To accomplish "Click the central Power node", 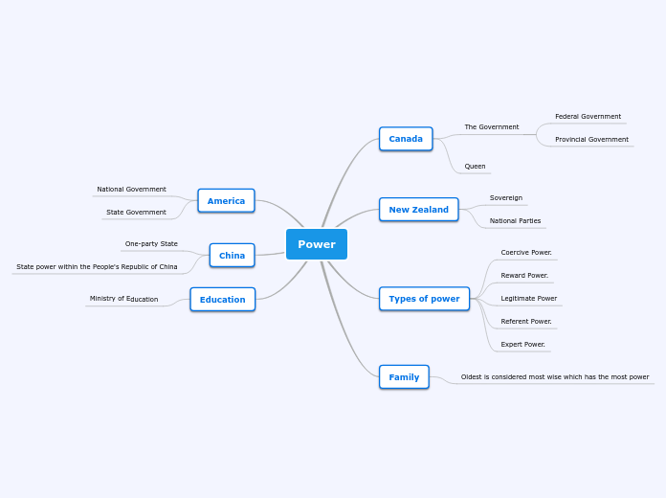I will [316, 244].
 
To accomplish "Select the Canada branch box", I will [406, 139].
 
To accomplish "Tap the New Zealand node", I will [418, 210].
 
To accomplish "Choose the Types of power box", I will [424, 299].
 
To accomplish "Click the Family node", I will [404, 377].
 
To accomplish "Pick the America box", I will [226, 201].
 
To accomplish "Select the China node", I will [232, 256].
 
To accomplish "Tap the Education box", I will [222, 300].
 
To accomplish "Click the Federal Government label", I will [588, 117].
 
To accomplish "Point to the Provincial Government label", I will [591, 140].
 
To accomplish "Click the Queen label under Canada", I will [475, 167].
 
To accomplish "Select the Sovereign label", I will [506, 198].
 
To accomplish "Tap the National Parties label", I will [515, 221].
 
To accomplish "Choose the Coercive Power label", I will [526, 253].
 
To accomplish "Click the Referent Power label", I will [526, 322].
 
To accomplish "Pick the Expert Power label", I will [522, 345].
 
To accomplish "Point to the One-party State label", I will [151, 244].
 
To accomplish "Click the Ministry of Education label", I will [123, 299].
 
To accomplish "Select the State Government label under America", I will [136, 213].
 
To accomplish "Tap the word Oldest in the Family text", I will [473, 377].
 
